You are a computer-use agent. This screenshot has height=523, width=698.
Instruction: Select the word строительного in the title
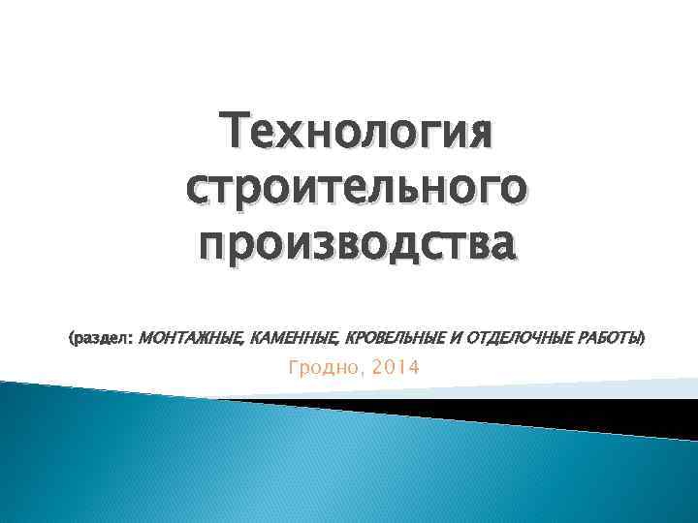pyautogui.click(x=356, y=187)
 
